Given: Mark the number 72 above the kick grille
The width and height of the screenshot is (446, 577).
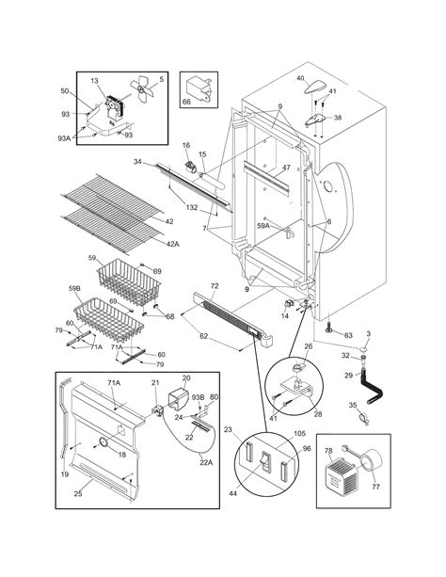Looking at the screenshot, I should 214,284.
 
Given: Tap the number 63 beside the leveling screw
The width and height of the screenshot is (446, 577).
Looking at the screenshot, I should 347,334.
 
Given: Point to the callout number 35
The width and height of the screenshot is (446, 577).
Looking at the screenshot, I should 354,406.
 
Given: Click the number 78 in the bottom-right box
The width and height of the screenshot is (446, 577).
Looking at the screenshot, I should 329,453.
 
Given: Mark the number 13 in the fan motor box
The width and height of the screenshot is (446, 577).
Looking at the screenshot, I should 94,82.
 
